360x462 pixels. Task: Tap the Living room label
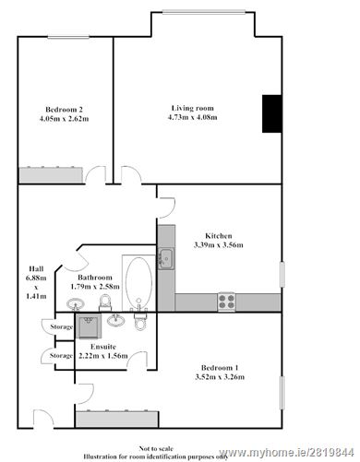pyautogui.click(x=194, y=108)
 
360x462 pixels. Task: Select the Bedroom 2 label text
pyautogui.click(x=60, y=108)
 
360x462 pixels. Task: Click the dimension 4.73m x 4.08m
pyautogui.click(x=194, y=118)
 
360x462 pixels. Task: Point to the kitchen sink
pyautogui.click(x=166, y=258)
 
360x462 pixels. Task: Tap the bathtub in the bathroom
pyautogui.click(x=139, y=280)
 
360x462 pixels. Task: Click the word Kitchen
pyautogui.click(x=218, y=235)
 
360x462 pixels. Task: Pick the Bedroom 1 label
pyautogui.click(x=219, y=365)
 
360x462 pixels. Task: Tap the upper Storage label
pyautogui.click(x=61, y=327)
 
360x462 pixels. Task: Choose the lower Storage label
pyautogui.click(x=61, y=355)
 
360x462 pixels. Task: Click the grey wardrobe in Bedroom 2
pyautogui.click(x=53, y=173)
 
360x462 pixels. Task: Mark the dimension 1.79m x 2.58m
pyautogui.click(x=95, y=287)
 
